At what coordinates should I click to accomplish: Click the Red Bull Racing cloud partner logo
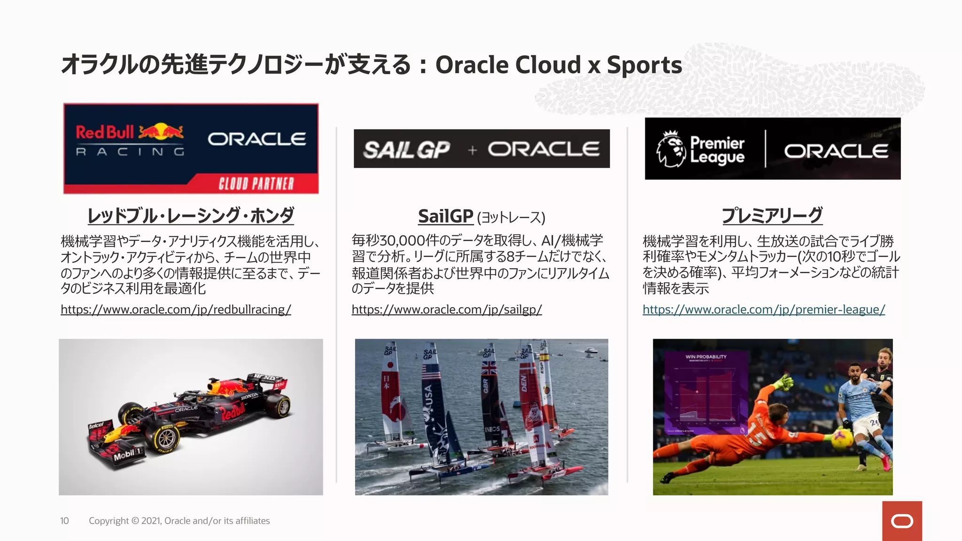pyautogui.click(x=191, y=148)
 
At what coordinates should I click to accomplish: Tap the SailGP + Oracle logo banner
pyautogui.click(x=481, y=149)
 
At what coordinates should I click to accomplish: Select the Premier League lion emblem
pyautogui.click(x=670, y=149)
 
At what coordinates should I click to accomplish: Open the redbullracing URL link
pyautogui.click(x=176, y=310)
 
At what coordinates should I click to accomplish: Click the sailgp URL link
pyautogui.click(x=446, y=310)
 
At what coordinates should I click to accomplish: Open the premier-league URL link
pyautogui.click(x=764, y=310)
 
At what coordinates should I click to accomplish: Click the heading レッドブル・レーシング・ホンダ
pyautogui.click(x=191, y=216)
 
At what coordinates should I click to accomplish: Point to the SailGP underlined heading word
pyautogui.click(x=445, y=216)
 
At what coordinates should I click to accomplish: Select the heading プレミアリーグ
pyautogui.click(x=772, y=216)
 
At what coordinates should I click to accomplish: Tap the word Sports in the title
pyautogui.click(x=644, y=65)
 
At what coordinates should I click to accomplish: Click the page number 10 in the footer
pyautogui.click(x=64, y=521)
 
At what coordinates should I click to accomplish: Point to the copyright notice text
pyautogui.click(x=179, y=521)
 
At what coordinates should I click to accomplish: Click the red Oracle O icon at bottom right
pyautogui.click(x=902, y=521)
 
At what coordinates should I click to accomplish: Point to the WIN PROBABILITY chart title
pyautogui.click(x=706, y=357)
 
